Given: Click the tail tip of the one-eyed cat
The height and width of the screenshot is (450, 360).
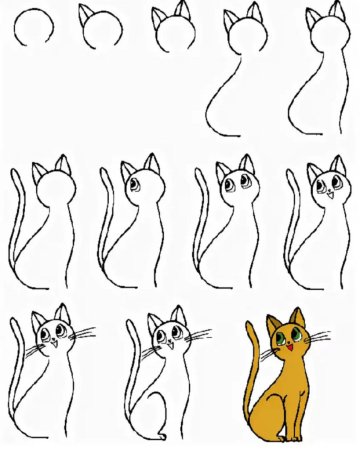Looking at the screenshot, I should click(106, 174).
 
